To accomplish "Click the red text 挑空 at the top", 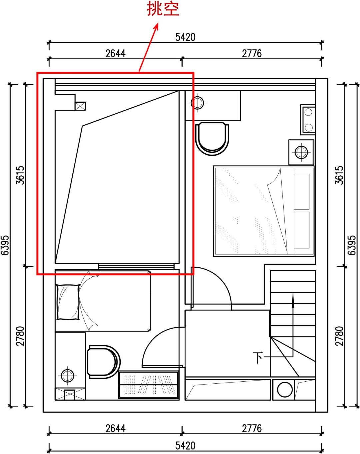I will click(x=163, y=9).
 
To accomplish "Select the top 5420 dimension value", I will click(x=185, y=37).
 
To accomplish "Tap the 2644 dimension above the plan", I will click(x=115, y=53).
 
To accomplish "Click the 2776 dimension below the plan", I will click(x=252, y=428).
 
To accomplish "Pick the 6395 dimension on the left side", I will click(x=5, y=245).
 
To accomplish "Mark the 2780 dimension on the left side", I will click(x=20, y=336).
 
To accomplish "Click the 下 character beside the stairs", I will click(x=258, y=358).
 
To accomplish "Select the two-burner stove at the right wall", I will click(x=308, y=119).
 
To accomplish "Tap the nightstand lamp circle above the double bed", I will click(x=301, y=152).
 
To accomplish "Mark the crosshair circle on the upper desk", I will click(x=198, y=103).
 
